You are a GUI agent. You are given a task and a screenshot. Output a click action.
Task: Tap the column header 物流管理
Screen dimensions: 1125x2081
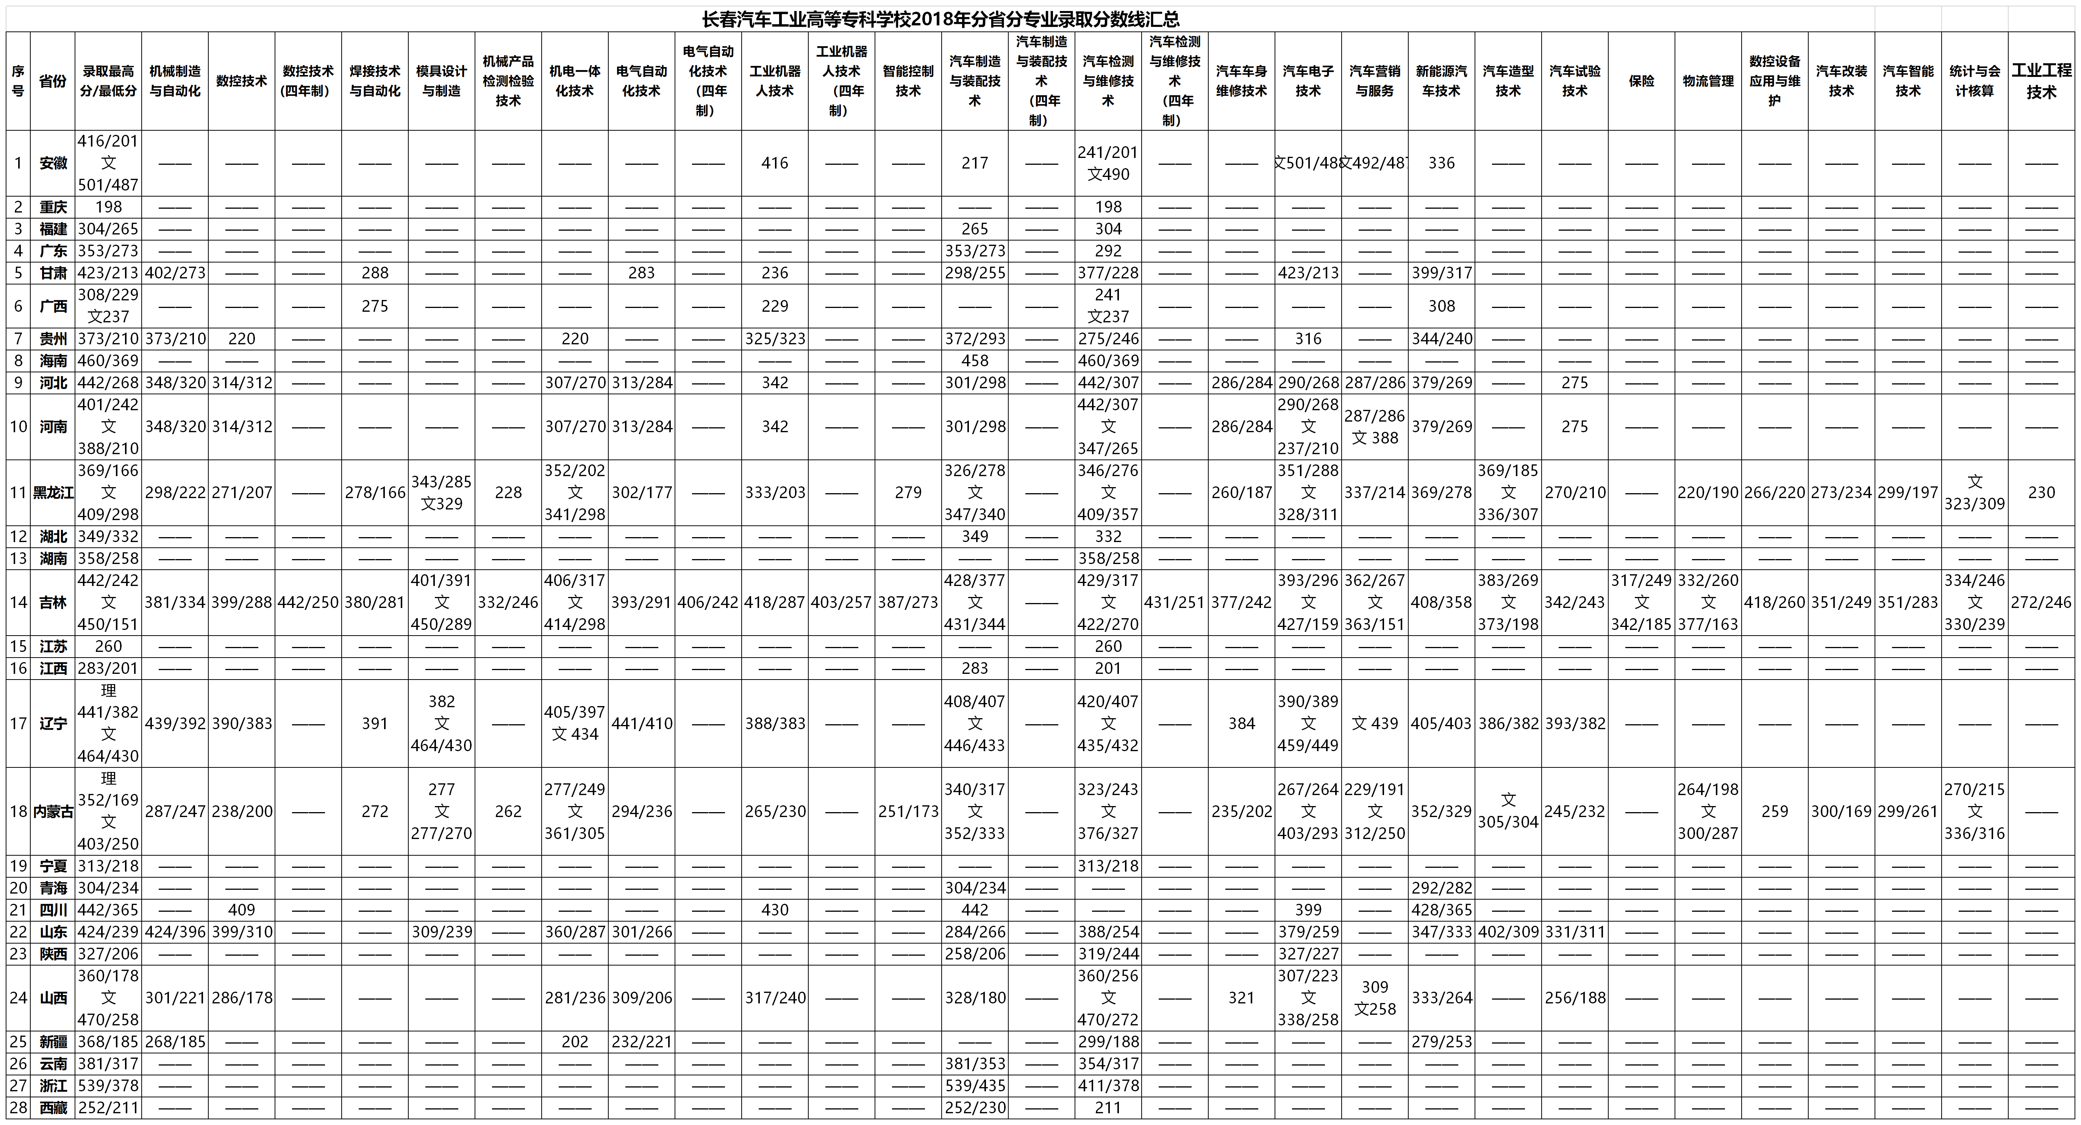[1708, 81]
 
